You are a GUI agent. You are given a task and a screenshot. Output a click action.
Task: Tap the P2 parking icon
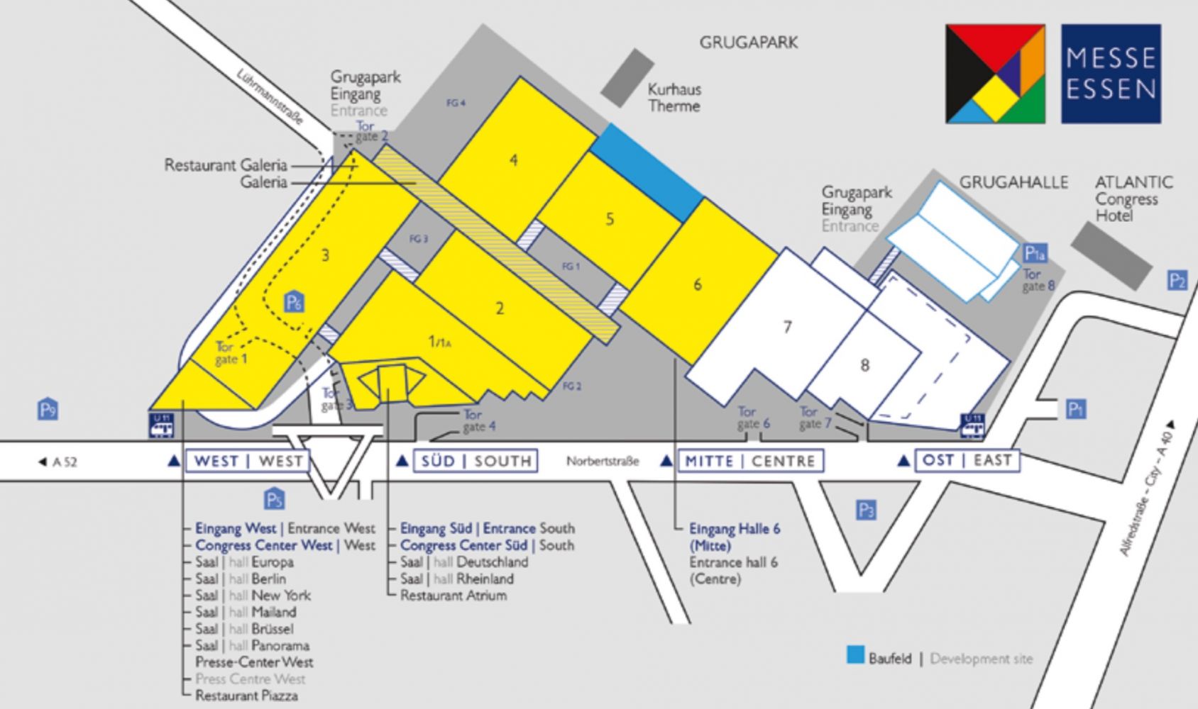1177,281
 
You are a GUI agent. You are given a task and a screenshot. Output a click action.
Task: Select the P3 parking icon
866,510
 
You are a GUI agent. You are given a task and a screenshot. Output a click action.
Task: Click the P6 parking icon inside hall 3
295,302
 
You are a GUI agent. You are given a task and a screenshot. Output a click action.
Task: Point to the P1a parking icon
1035,253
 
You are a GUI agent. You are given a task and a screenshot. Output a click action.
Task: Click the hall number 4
513,160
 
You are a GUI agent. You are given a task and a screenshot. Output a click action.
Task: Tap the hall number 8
864,365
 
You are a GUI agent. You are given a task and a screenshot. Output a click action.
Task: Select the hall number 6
697,284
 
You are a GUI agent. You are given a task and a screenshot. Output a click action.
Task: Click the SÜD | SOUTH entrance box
476,462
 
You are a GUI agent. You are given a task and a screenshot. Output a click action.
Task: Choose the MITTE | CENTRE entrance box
751,462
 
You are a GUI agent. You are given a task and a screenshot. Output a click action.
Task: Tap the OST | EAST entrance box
967,461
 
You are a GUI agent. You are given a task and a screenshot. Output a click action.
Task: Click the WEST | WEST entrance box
248,462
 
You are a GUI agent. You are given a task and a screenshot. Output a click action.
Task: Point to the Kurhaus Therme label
674,98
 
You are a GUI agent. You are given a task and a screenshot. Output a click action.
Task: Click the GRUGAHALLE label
1013,182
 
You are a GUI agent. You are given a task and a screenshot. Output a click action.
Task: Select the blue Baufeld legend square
856,654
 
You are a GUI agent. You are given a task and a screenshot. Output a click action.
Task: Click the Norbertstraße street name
603,462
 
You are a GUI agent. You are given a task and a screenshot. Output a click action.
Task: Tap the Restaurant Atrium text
454,596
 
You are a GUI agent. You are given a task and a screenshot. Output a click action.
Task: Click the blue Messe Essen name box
1111,74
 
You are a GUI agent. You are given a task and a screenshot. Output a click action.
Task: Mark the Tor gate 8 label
1038,280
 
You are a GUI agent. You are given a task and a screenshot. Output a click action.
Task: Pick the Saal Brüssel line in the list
244,629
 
